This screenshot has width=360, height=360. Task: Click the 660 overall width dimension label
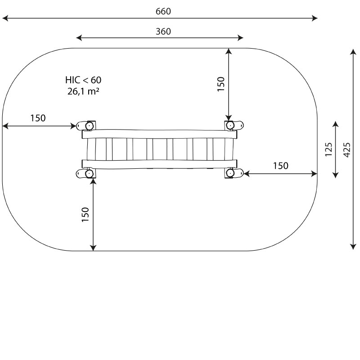(163, 11)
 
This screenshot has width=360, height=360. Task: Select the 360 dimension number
(163, 31)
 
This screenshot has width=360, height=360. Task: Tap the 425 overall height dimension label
(347, 150)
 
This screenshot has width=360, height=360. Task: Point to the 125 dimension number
(328, 150)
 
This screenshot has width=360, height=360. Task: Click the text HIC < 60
(83, 80)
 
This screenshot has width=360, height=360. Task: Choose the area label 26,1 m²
(83, 91)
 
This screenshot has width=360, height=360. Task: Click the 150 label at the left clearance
(38, 118)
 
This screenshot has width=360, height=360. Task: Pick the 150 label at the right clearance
(280, 166)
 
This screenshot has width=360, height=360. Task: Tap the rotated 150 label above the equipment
(220, 84)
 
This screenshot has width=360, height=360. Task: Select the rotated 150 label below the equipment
(85, 215)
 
